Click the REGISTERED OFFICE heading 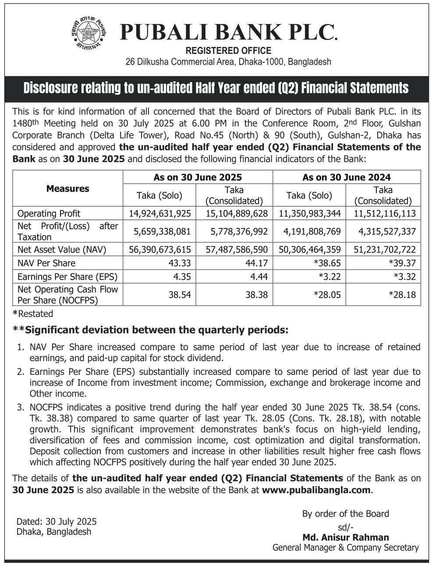point(228,51)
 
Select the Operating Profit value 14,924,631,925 point(160,214)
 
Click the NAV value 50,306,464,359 point(309,250)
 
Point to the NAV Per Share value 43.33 point(180,263)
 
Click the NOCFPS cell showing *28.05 point(327,295)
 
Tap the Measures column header point(67,189)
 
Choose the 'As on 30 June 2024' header point(346,178)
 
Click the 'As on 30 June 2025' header point(197,178)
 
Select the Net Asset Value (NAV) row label point(62,250)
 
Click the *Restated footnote point(33,314)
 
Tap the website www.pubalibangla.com point(316,490)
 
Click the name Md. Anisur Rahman point(345,537)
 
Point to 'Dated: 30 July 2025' point(57,522)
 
